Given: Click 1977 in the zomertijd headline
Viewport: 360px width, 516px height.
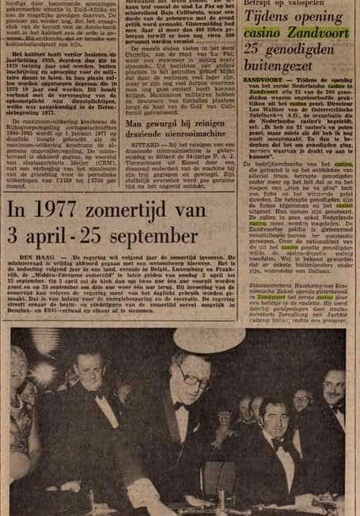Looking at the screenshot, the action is click(x=68, y=211).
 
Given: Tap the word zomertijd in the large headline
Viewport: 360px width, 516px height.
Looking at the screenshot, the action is click(x=147, y=211).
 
